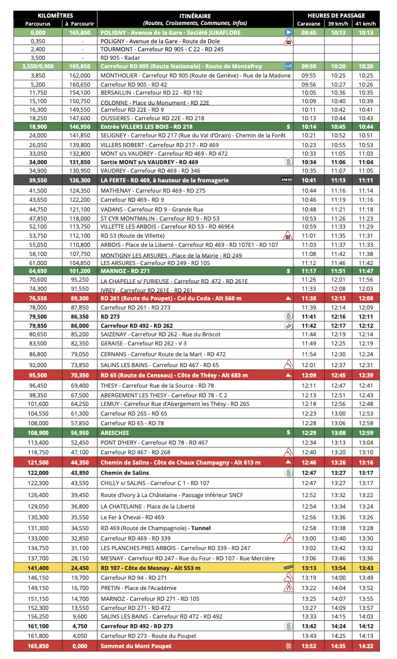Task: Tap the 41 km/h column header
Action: click(365, 24)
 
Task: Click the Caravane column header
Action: click(309, 24)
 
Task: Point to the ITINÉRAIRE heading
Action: click(195, 16)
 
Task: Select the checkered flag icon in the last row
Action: click(288, 646)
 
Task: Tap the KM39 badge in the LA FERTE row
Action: click(286, 180)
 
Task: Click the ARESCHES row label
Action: click(115, 433)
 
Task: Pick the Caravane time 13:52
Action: click(309, 646)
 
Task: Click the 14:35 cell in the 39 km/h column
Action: click(338, 646)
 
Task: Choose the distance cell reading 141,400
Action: click(38, 568)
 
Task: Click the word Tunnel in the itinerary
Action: click(201, 528)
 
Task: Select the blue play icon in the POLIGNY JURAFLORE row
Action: click(288, 33)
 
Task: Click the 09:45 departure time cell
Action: click(309, 33)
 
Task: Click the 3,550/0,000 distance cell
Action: click(38, 66)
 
